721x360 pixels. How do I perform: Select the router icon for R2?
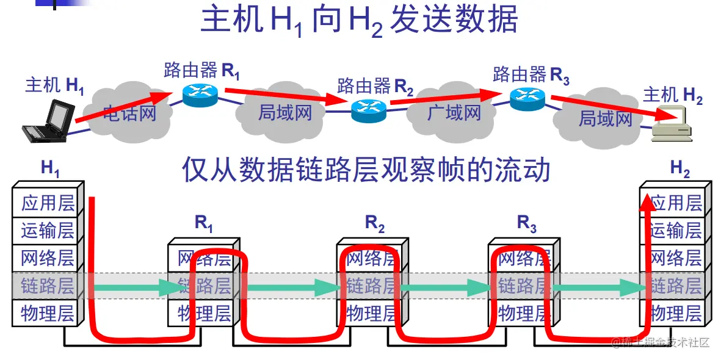(x=369, y=110)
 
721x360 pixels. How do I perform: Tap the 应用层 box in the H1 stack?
(x=47, y=203)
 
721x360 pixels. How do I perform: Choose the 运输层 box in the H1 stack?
(x=47, y=230)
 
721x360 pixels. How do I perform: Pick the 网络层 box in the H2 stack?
(x=675, y=257)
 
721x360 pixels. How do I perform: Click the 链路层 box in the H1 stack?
(x=47, y=285)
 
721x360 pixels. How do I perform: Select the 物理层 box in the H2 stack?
(x=675, y=314)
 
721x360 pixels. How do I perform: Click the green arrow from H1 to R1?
(x=131, y=286)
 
